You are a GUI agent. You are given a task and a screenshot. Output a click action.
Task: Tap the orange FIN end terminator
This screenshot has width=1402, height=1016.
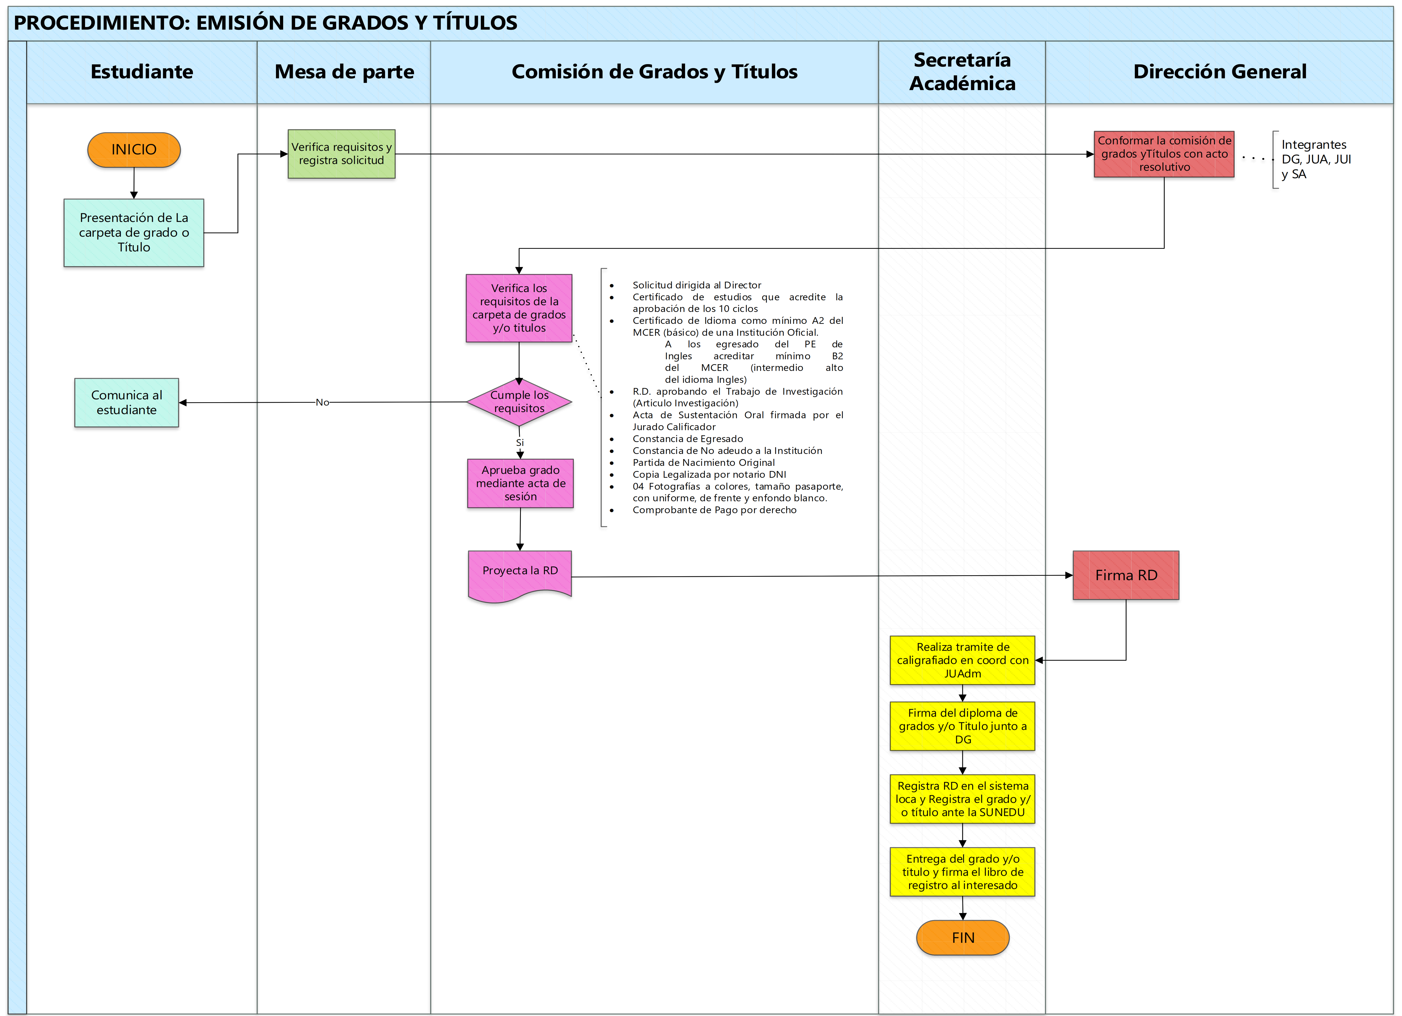point(963,937)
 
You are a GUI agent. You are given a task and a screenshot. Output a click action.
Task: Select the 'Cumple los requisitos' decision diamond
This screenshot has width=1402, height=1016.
point(519,402)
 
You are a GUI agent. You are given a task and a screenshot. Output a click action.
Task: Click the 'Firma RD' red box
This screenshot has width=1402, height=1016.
point(1126,575)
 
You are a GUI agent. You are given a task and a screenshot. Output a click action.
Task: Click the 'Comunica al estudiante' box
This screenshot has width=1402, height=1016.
point(127,402)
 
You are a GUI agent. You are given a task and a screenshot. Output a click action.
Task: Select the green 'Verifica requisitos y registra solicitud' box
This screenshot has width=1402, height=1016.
point(341,154)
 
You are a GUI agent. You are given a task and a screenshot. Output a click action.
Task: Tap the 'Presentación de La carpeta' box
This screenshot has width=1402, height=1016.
point(133,233)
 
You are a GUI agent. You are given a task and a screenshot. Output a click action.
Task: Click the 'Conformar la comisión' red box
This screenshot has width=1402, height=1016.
point(1164,154)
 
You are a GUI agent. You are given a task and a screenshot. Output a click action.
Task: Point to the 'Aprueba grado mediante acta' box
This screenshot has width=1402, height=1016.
point(521,483)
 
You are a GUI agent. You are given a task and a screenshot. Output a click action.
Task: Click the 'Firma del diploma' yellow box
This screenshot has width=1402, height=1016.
point(963,726)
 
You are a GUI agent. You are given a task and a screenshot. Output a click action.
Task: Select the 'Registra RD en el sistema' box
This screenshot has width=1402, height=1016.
point(963,799)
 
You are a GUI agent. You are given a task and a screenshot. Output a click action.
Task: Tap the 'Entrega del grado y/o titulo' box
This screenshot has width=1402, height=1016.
point(963,872)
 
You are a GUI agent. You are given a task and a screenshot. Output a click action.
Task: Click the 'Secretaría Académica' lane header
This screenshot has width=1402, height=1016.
point(962,72)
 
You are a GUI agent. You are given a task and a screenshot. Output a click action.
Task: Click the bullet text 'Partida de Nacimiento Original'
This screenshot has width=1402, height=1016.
point(703,462)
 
